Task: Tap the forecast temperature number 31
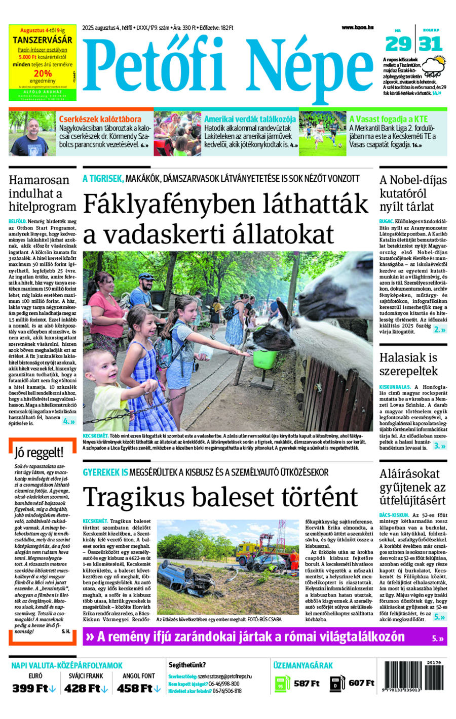pyautogui.click(x=431, y=44)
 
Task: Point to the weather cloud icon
pyautogui.click(x=434, y=67)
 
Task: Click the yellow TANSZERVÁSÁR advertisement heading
pyautogui.click(x=43, y=39)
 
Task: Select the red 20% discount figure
pyautogui.click(x=43, y=73)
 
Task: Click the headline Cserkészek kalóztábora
pyautogui.click(x=100, y=119)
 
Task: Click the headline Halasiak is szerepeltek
pyautogui.click(x=408, y=364)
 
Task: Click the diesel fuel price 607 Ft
pyautogui.click(x=361, y=684)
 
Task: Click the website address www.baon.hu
pyautogui.click(x=357, y=27)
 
